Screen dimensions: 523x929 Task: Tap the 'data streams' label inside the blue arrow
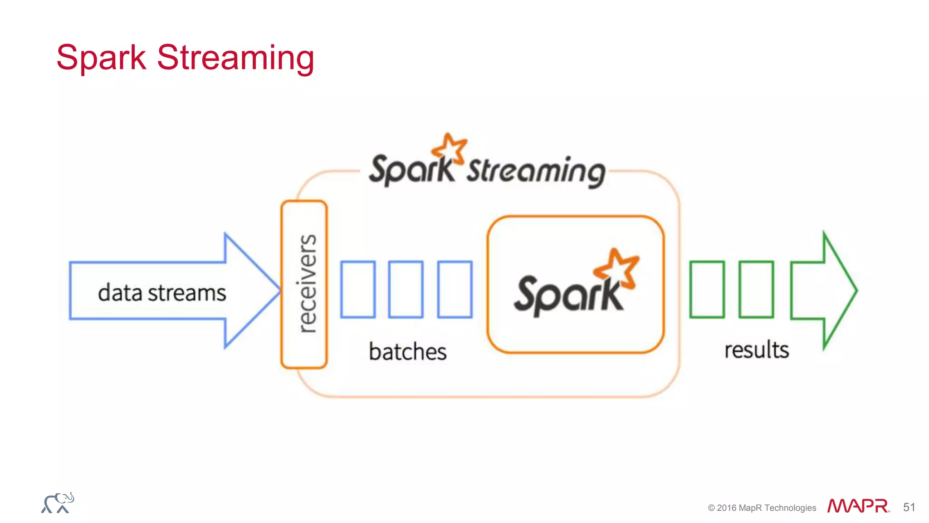tap(162, 292)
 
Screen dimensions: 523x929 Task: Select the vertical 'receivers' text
tap(307, 284)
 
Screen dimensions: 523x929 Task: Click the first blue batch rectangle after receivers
tap(358, 289)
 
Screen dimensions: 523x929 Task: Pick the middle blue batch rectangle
tap(406, 289)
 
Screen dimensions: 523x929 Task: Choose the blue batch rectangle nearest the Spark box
tap(455, 289)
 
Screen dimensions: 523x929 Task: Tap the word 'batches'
tap(407, 352)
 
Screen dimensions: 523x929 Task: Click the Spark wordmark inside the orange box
tap(567, 295)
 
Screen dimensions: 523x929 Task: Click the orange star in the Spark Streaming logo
tap(450, 148)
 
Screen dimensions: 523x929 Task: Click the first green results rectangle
tap(707, 289)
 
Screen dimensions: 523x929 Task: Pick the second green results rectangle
tap(756, 289)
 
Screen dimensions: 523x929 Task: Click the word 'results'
tap(756, 350)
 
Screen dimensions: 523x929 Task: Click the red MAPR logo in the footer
tap(858, 506)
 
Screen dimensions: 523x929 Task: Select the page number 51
tap(909, 507)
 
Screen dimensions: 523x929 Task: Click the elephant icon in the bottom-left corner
tap(58, 503)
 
